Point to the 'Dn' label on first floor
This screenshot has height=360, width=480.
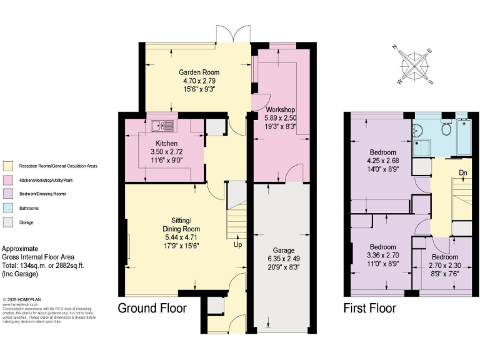tap(463, 172)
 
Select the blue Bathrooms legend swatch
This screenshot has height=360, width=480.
tap(7, 207)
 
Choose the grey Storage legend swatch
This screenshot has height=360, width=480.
tap(7, 222)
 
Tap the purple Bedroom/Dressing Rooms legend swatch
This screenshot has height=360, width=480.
tap(7, 194)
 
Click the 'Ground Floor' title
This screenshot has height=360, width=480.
tap(152, 308)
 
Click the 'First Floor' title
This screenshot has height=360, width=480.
tap(369, 308)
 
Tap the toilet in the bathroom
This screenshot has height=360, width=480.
tap(446, 128)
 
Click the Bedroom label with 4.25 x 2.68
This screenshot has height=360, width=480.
tap(382, 152)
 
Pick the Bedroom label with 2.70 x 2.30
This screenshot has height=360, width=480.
tap(444, 257)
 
